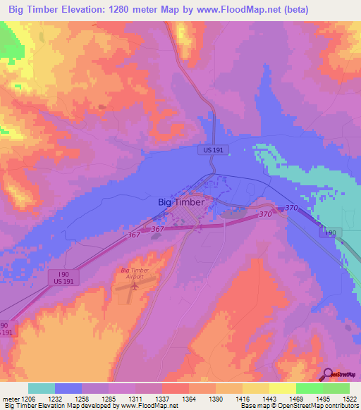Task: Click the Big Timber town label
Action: pyautogui.click(x=181, y=201)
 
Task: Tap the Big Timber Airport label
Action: pyautogui.click(x=137, y=273)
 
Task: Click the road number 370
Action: pyautogui.click(x=265, y=214)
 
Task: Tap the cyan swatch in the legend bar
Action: pyautogui.click(x=42, y=388)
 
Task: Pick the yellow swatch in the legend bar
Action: pyautogui.click(x=282, y=388)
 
